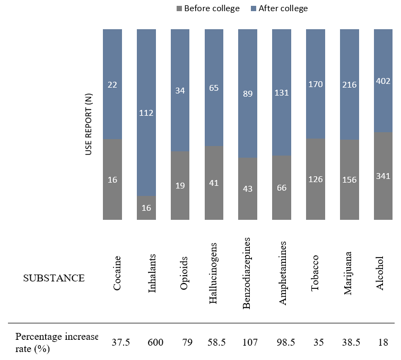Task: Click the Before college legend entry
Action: tap(207, 8)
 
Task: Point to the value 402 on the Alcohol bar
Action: tap(383, 81)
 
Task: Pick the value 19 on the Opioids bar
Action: tap(180, 186)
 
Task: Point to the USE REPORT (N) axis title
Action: tap(89, 124)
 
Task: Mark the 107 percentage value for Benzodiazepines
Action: tap(249, 343)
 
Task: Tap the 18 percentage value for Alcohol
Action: tap(383, 343)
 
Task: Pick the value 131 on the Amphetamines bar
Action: tap(282, 92)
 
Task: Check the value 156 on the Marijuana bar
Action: tap(350, 179)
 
